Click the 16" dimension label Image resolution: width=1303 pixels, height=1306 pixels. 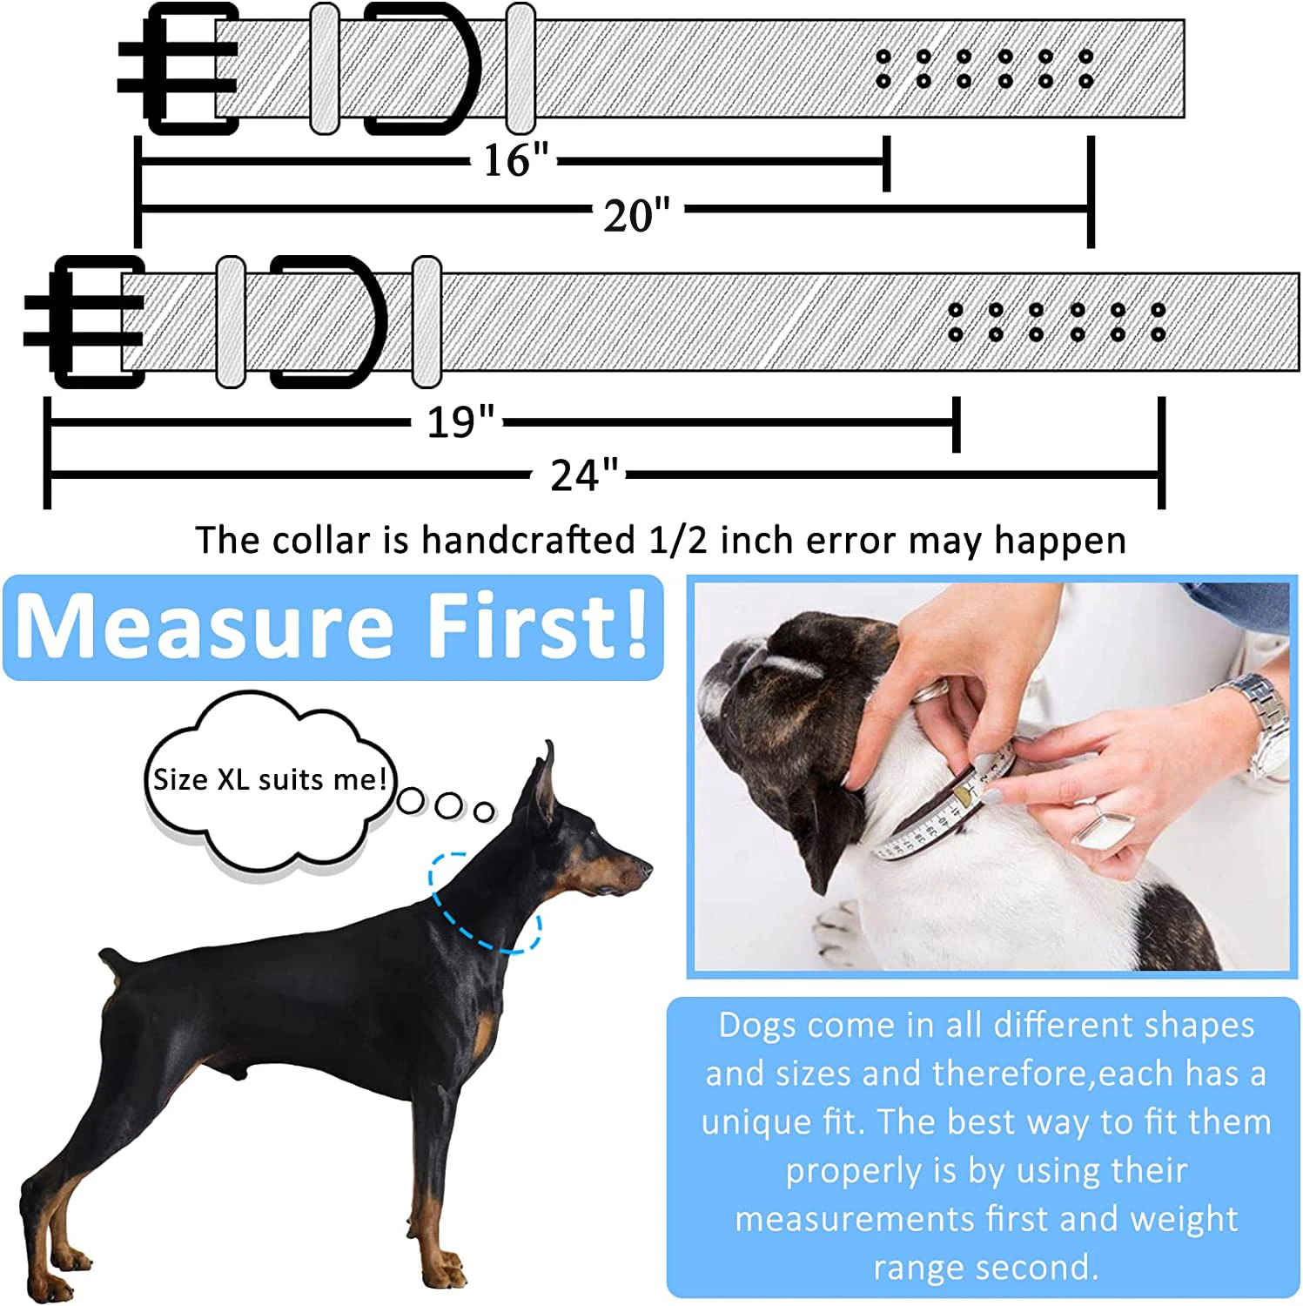tap(516, 160)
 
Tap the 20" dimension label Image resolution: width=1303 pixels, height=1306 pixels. tap(637, 215)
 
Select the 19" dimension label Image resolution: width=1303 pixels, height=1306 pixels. tap(460, 422)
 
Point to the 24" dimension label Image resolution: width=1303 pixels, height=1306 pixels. tap(584, 475)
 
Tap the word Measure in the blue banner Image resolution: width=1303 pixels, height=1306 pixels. tap(205, 626)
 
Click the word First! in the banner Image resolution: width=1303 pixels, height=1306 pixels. tap(539, 623)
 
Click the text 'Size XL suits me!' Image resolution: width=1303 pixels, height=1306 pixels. tap(270, 779)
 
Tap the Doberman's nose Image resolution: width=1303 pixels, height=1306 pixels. tap(645, 867)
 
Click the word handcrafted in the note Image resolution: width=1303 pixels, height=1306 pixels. tap(528, 541)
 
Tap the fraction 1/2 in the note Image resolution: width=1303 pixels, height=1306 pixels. tap(678, 541)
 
